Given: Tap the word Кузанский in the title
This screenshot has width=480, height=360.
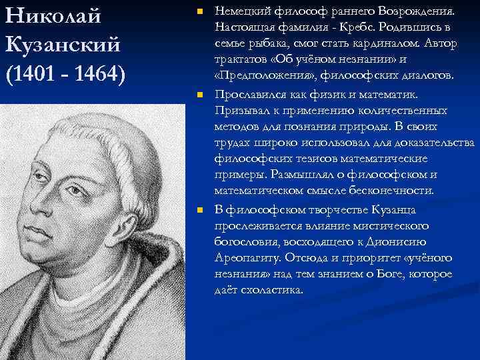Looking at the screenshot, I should point(63,45).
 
